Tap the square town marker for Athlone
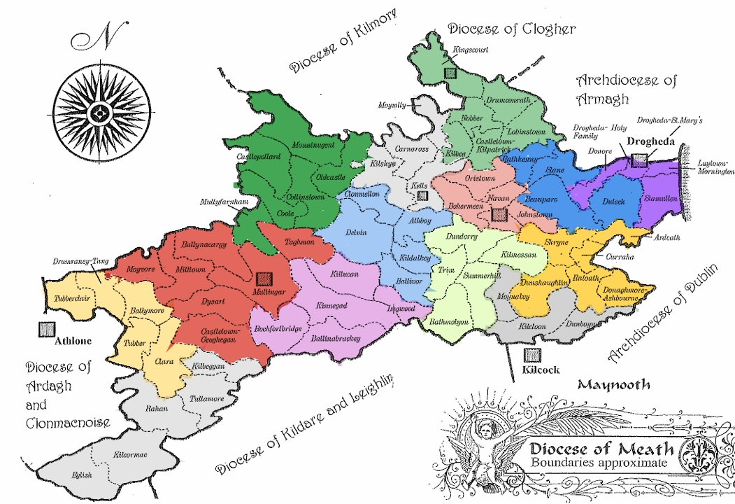coord(48,329)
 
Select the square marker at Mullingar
coord(264,278)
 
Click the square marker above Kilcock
coord(533,355)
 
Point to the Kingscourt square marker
coord(450,71)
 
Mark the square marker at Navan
coord(498,214)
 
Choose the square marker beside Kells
coord(422,197)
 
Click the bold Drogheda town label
coord(648,141)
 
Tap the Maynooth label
coord(613,384)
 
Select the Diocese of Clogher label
coord(511,29)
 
